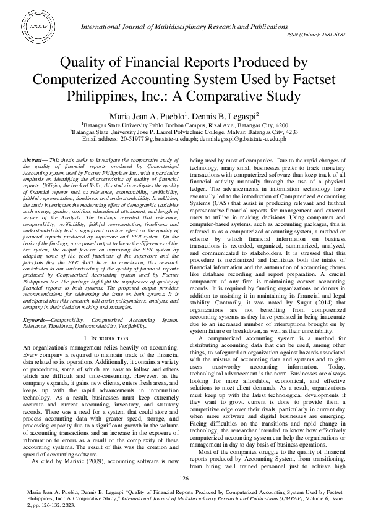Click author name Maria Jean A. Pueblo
click(x=147, y=116)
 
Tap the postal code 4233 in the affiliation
click(x=289, y=132)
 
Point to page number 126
click(x=184, y=479)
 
